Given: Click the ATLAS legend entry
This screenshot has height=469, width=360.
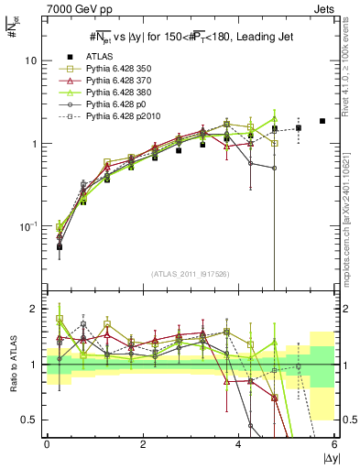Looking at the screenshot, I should pos(100,57).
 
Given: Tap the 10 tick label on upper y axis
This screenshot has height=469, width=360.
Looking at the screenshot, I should pos(31,60).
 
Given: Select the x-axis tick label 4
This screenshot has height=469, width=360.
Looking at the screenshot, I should pos(239,444).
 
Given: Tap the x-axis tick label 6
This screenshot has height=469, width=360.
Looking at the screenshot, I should pos(334,444).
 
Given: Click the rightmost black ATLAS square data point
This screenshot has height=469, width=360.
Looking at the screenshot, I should pos(322,121).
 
